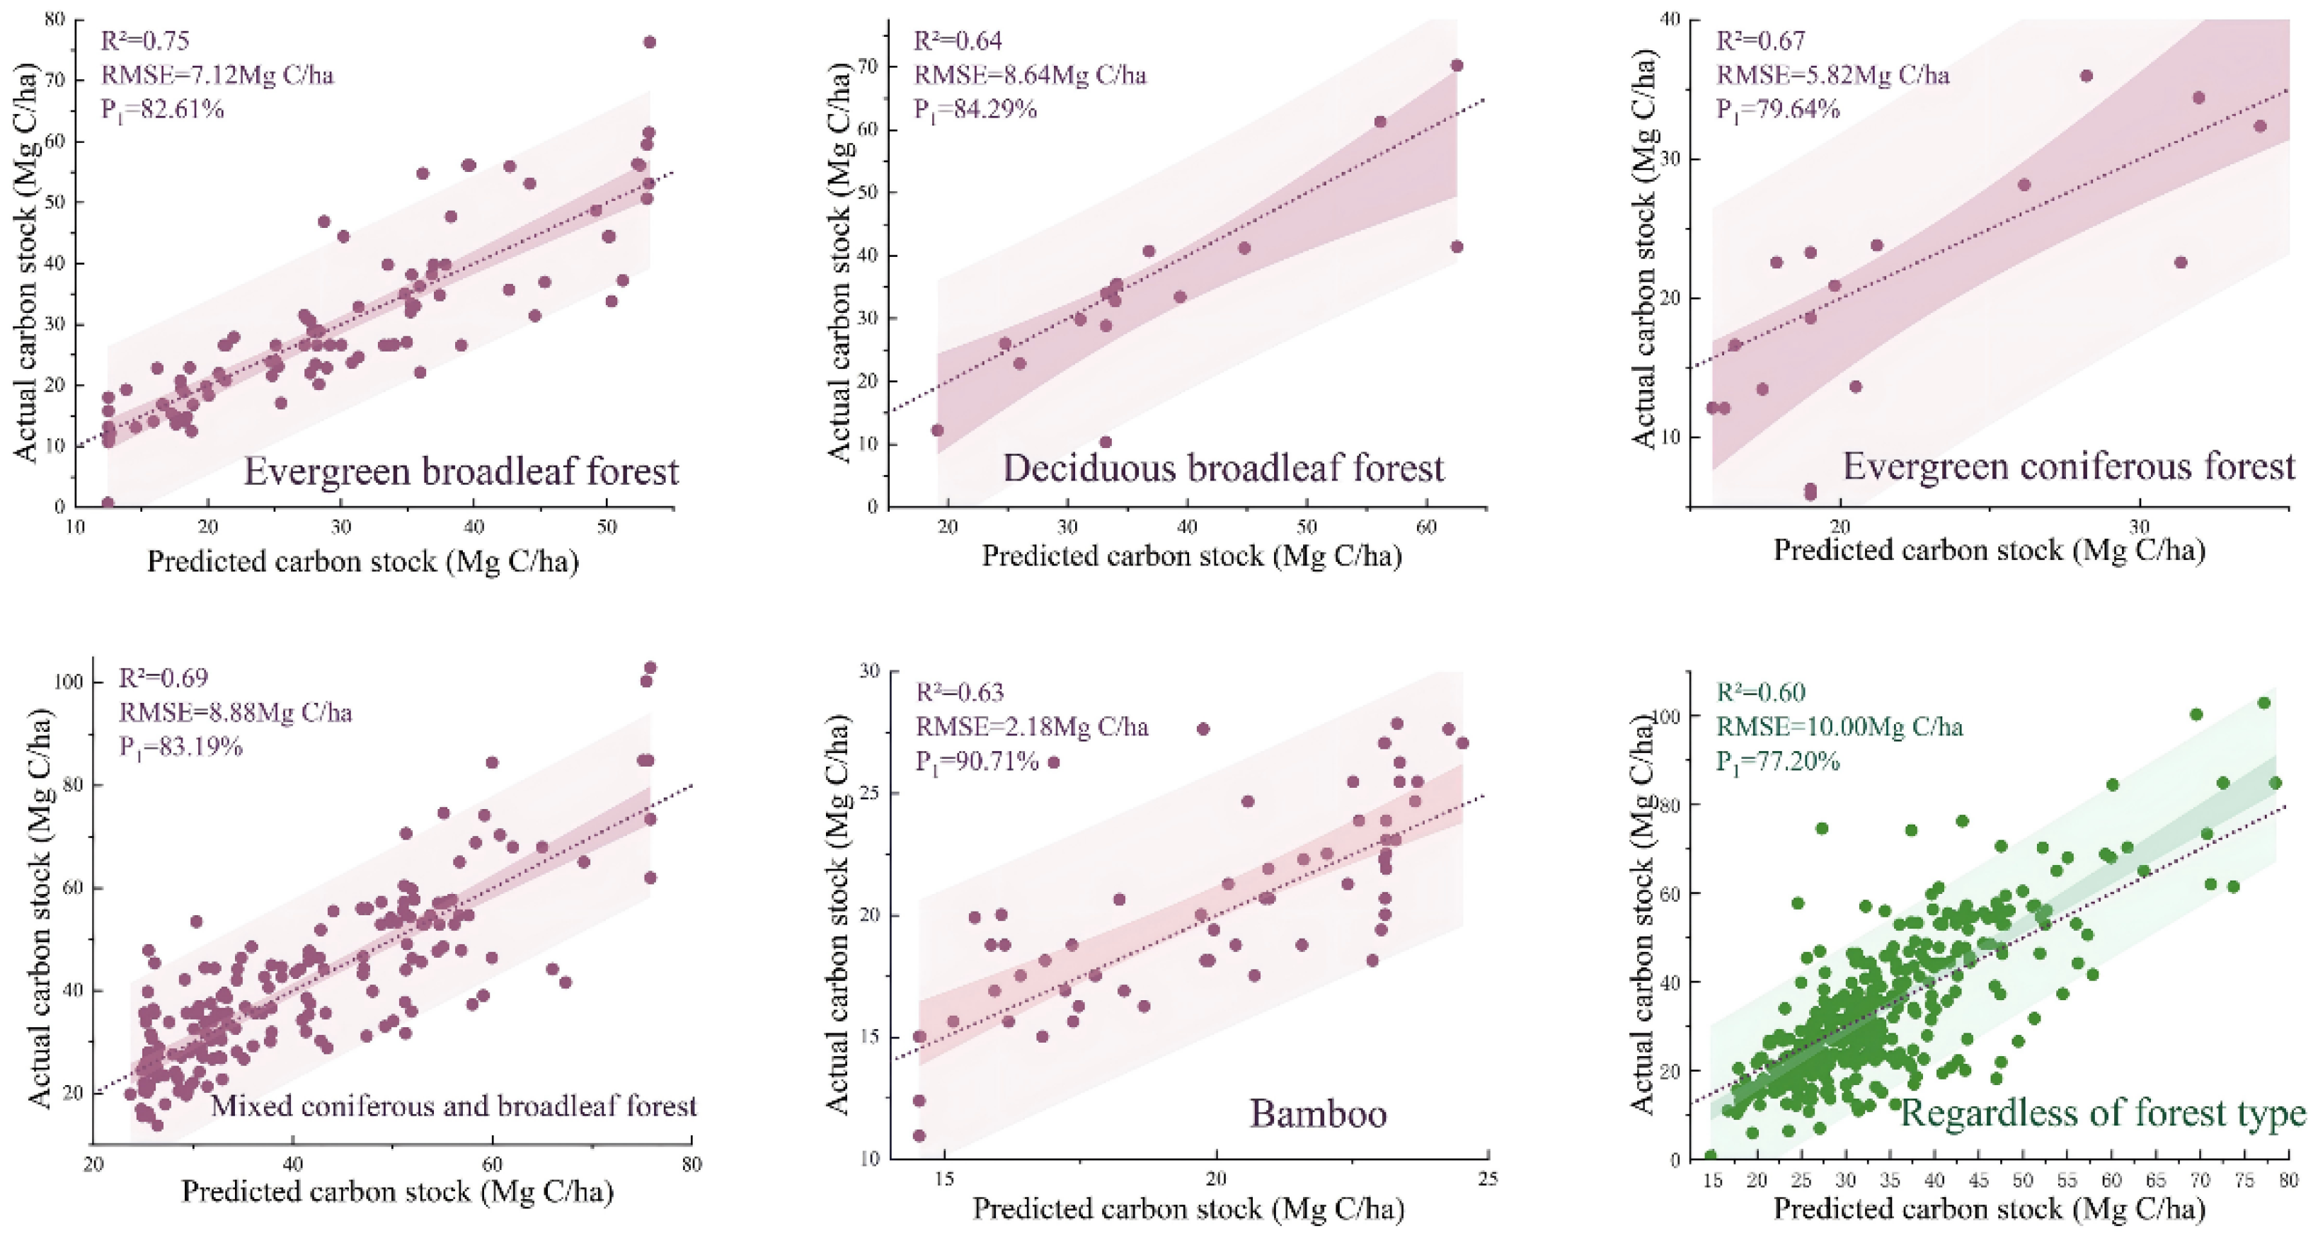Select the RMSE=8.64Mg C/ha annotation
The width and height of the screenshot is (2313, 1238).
click(x=1030, y=74)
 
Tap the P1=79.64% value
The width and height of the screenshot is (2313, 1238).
click(x=1778, y=110)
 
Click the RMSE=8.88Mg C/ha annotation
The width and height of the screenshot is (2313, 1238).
click(x=235, y=713)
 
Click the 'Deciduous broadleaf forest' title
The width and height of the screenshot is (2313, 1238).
click(x=1224, y=469)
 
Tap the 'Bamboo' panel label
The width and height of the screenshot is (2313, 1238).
click(x=1318, y=1114)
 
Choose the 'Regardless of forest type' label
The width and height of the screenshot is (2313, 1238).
click(x=2103, y=1113)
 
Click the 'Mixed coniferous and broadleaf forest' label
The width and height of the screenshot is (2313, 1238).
click(x=454, y=1105)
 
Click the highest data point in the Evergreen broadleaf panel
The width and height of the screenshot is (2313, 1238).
click(x=650, y=42)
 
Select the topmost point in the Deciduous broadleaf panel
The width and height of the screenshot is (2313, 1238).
click(x=1457, y=66)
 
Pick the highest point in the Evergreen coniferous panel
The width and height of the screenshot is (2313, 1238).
click(x=2086, y=76)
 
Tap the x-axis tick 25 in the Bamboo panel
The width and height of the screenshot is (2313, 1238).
click(x=1488, y=1179)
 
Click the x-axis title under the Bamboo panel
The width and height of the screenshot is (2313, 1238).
click(x=1188, y=1209)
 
